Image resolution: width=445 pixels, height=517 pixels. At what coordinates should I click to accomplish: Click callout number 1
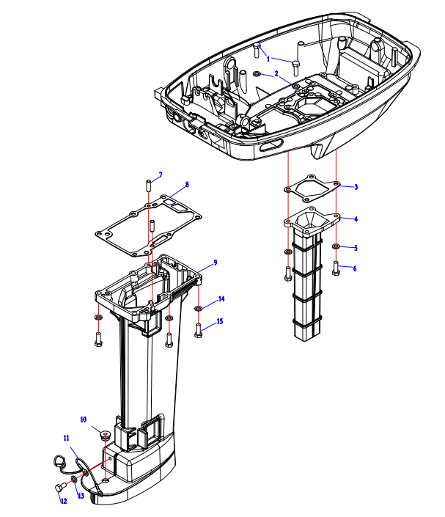tap(268, 59)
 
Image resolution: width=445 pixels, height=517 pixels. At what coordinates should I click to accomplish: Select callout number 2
tap(276, 74)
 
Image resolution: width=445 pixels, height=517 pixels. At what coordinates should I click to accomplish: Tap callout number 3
tap(356, 187)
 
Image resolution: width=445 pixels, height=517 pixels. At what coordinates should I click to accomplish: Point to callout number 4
tap(356, 219)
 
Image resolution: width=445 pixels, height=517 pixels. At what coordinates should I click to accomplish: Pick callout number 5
tap(356, 247)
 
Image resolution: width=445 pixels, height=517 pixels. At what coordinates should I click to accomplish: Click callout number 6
tap(356, 268)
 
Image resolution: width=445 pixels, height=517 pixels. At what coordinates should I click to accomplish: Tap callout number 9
tap(215, 262)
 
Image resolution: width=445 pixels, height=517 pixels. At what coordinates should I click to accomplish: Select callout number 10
tap(84, 419)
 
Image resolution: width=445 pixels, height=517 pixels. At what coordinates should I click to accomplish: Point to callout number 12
tap(64, 502)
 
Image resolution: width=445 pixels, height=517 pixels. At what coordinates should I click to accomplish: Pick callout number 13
tap(81, 496)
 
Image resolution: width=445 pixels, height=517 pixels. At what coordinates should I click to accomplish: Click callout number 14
tap(221, 299)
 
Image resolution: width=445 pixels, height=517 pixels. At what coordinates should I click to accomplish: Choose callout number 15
tap(221, 322)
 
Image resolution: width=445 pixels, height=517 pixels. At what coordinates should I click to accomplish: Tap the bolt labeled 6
tap(336, 268)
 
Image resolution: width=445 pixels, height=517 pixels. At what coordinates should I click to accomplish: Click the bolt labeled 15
tap(199, 330)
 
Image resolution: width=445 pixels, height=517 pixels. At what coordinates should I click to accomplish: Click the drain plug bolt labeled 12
tap(58, 488)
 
